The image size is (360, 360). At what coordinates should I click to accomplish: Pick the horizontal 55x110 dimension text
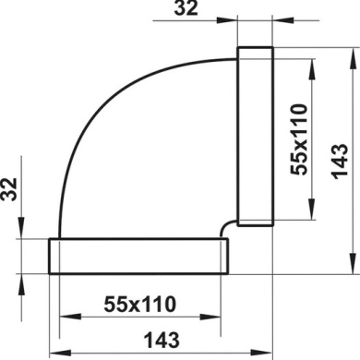pyautogui.click(x=138, y=303)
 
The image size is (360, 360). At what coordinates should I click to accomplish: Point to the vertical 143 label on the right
pyautogui.click(x=336, y=161)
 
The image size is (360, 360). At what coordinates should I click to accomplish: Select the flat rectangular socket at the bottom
pyautogui.click(x=138, y=256)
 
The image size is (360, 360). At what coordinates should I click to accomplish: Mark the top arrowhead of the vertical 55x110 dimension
pyautogui.click(x=318, y=59)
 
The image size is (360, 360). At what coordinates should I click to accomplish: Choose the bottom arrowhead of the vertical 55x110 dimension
pyautogui.click(x=318, y=217)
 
